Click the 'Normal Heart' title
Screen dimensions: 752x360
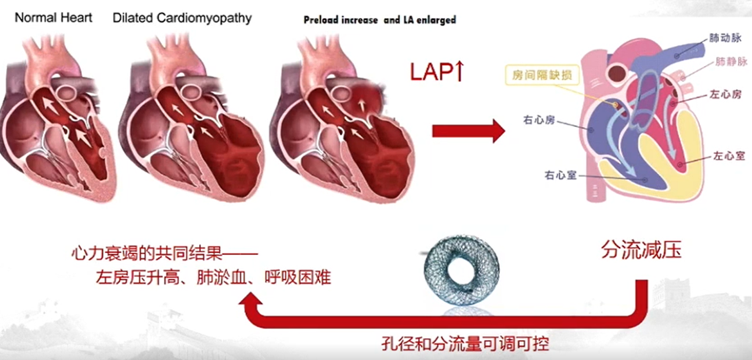click(53, 18)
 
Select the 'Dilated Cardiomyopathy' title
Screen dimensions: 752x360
click(182, 19)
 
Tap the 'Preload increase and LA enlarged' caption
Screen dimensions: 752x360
click(380, 20)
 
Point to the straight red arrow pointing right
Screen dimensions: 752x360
click(469, 131)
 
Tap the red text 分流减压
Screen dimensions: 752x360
click(642, 251)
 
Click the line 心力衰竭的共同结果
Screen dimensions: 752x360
click(164, 255)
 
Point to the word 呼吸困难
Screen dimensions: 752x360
click(298, 277)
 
